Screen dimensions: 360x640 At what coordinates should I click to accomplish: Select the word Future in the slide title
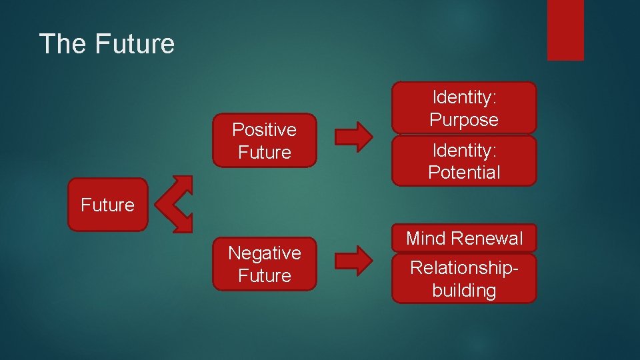(135, 44)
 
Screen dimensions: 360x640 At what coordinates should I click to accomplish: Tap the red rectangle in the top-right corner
(565, 29)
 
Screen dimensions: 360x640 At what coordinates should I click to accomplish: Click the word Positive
(264, 129)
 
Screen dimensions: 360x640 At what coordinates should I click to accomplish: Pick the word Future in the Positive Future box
(264, 152)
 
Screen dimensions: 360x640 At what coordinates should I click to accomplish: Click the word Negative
(264, 253)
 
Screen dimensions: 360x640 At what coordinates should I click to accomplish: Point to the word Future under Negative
(264, 276)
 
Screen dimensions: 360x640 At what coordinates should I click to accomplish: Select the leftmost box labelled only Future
(107, 205)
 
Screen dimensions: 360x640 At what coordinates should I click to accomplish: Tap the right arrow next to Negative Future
(353, 261)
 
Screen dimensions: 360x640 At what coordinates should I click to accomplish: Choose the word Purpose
(464, 120)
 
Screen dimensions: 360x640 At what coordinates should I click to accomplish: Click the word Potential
(464, 173)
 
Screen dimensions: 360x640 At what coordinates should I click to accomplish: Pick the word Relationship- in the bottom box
(464, 268)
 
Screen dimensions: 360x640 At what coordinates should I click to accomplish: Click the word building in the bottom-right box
(464, 291)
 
